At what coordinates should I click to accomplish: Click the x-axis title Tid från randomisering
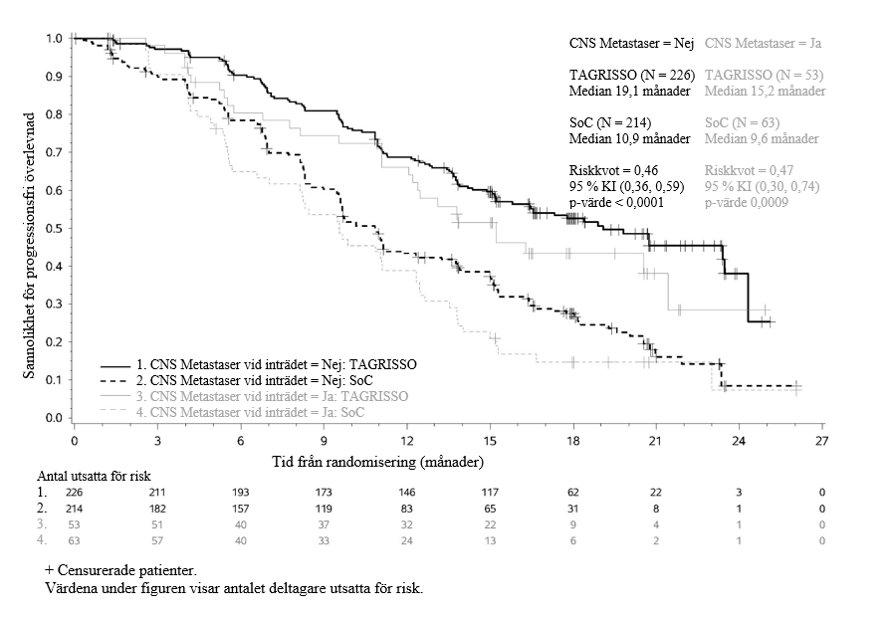[378, 463]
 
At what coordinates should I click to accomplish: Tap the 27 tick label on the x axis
[821, 440]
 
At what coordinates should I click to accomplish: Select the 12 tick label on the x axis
[406, 440]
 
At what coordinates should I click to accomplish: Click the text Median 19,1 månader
[630, 92]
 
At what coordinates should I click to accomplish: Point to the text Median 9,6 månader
[762, 138]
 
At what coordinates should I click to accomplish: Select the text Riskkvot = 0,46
[613, 170]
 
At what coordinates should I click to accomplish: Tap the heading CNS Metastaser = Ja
[763, 44]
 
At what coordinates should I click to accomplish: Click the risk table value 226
[74, 493]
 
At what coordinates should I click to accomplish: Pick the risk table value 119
[324, 509]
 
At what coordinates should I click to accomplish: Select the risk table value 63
[74, 540]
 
